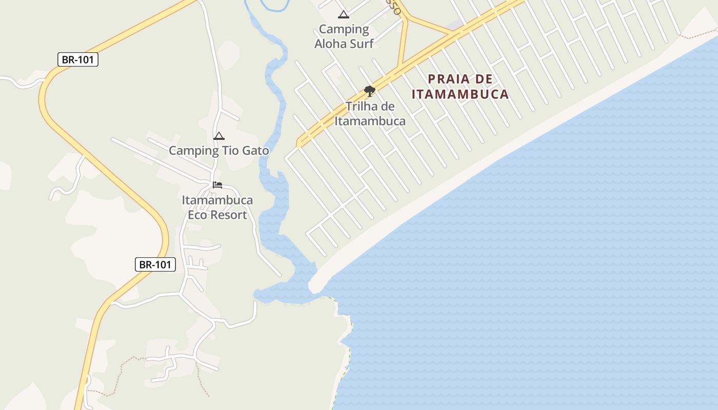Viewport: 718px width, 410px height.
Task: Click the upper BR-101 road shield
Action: (77, 59)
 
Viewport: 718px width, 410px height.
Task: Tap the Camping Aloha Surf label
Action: (344, 36)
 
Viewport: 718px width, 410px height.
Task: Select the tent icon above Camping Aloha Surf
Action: (344, 14)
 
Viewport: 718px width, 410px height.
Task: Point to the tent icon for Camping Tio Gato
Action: (219, 136)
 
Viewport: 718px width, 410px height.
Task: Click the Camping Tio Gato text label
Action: (219, 151)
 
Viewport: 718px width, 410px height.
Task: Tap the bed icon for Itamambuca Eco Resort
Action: (217, 185)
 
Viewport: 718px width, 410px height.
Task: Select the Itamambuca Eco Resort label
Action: (217, 208)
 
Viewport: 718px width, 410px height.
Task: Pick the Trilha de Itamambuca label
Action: (370, 114)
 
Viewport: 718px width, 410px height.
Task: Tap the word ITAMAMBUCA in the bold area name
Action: (460, 94)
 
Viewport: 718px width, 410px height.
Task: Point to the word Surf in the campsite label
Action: (361, 44)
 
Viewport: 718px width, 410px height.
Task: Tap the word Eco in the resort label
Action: (197, 215)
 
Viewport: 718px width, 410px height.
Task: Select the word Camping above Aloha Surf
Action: (344, 29)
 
